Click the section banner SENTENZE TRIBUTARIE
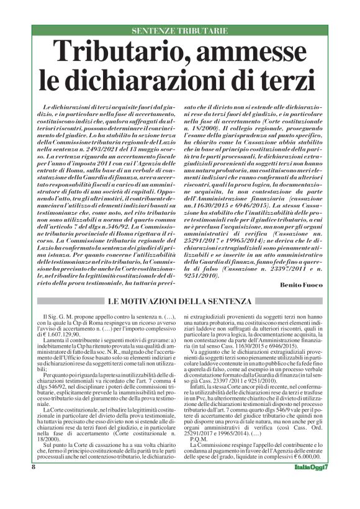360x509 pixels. [x=179, y=30]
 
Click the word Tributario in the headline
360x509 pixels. [x=134, y=53]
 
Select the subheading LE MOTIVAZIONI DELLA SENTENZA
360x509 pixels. [x=179, y=302]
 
